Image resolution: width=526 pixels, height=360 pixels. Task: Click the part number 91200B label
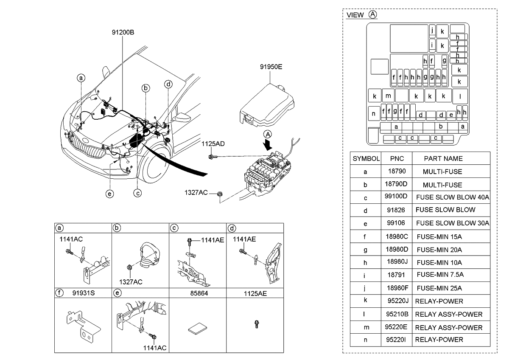pyautogui.click(x=123, y=32)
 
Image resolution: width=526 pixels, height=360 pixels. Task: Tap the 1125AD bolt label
pyautogui.click(x=213, y=144)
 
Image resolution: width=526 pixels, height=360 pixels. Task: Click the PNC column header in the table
pyautogui.click(x=396, y=158)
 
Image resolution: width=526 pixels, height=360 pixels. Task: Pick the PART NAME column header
pyautogui.click(x=443, y=158)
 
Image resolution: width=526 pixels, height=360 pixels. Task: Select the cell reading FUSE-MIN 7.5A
pyautogui.click(x=440, y=275)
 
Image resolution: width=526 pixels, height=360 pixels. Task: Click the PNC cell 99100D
pyautogui.click(x=396, y=197)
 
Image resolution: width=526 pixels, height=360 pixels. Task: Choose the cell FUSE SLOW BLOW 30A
pyautogui.click(x=452, y=223)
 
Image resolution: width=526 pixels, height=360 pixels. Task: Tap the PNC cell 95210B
pyautogui.click(x=396, y=314)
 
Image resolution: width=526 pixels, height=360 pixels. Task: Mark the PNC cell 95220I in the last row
pyautogui.click(x=396, y=339)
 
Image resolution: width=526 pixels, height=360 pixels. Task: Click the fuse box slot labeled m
pyautogui.click(x=388, y=96)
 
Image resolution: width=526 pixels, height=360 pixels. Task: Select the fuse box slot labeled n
pyautogui.click(x=374, y=114)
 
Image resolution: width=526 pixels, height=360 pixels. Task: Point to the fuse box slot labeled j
pyautogui.click(x=432, y=31)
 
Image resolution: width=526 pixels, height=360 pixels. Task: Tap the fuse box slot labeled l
pyautogui.click(x=460, y=96)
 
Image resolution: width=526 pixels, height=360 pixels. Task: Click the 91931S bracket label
pyautogui.click(x=83, y=292)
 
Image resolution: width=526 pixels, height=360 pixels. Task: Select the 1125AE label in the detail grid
pyautogui.click(x=255, y=292)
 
